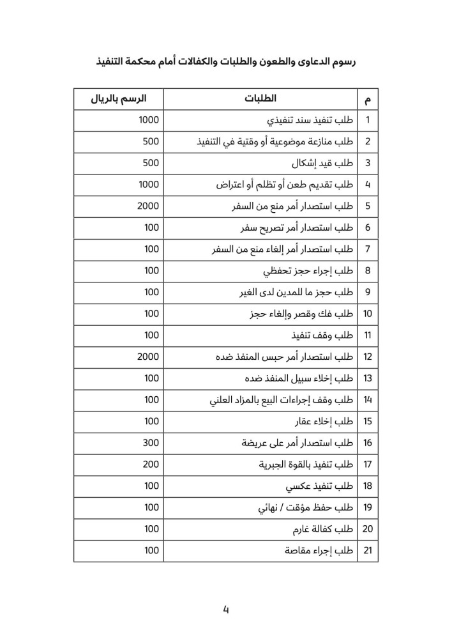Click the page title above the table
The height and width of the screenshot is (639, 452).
(x=225, y=62)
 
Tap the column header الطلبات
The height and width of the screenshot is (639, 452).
(x=260, y=99)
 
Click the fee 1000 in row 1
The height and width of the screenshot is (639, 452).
(x=148, y=120)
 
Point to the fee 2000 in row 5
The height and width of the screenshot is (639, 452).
(x=147, y=206)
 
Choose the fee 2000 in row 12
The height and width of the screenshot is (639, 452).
(x=147, y=357)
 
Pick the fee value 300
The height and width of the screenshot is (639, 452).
(x=151, y=443)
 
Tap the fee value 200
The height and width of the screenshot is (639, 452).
(x=151, y=465)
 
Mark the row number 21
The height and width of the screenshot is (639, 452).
(x=367, y=551)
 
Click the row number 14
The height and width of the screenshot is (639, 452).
(x=367, y=400)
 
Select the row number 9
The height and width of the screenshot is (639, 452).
(x=367, y=292)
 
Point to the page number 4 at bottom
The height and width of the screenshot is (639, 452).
(x=225, y=609)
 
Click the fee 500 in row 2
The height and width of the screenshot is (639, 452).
(x=151, y=142)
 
